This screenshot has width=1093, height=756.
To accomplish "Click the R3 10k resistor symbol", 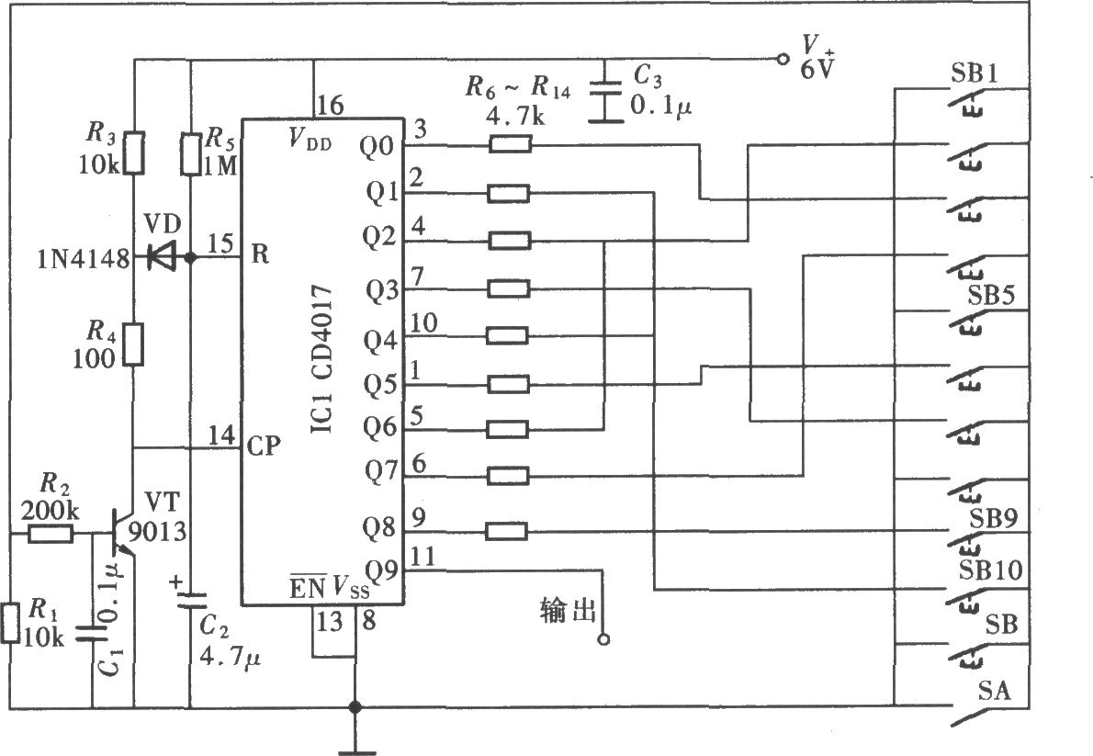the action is [x=134, y=152].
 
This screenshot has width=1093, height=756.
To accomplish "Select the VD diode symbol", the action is [x=163, y=258].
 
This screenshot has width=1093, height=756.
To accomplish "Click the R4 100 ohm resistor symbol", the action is [x=134, y=344].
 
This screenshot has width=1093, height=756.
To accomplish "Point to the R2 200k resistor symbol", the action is [x=51, y=535].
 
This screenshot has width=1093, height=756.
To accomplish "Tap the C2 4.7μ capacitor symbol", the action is [x=190, y=601].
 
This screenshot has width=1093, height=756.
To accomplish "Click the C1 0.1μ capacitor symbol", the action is [x=91, y=632].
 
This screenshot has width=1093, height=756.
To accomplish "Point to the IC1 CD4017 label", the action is [x=321, y=358].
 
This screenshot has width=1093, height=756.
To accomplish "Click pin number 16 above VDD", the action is [x=330, y=106].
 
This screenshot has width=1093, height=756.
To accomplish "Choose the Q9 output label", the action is [x=381, y=572].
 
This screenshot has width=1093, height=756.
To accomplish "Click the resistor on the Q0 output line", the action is [x=511, y=144].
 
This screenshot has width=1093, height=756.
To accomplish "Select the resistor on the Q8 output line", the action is [x=506, y=532].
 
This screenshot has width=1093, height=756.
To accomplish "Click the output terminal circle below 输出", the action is [x=603, y=638].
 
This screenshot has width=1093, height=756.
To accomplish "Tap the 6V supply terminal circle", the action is [x=783, y=60].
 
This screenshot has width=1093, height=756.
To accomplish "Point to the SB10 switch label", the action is [x=990, y=570].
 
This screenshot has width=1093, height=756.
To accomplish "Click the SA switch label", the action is [x=994, y=691].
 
